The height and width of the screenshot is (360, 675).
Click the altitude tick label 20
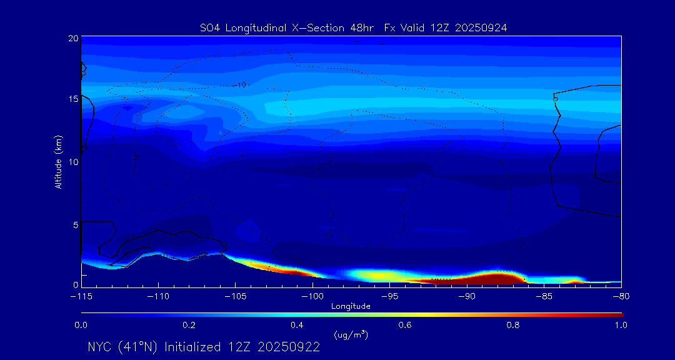click(72, 38)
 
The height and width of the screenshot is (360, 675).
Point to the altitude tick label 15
click(72, 99)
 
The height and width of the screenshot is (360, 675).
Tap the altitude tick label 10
click(72, 162)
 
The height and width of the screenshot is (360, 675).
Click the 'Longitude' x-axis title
click(351, 306)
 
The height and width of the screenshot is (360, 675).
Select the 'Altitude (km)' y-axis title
click(58, 162)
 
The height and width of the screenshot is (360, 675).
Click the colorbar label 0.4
click(297, 325)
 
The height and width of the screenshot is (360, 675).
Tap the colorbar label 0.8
click(513, 325)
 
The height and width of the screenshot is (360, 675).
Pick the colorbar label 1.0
click(621, 325)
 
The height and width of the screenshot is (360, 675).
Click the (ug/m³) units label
click(351, 335)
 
